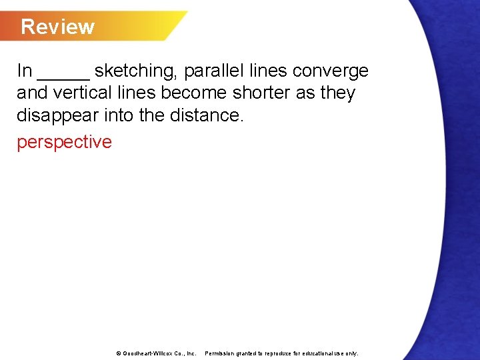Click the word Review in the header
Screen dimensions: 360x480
tap(57, 27)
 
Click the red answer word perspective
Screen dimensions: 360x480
tap(64, 142)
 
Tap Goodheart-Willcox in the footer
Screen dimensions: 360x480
tap(151, 353)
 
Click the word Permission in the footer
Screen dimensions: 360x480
tap(220, 353)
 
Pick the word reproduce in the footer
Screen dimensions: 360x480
tap(280, 353)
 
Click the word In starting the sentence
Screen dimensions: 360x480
tap(25, 71)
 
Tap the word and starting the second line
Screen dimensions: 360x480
tap(30, 93)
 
